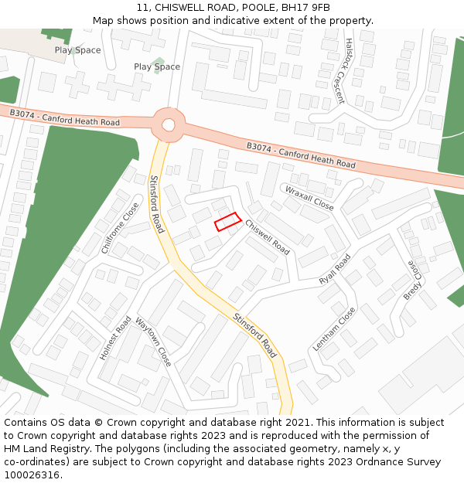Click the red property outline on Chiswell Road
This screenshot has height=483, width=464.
tap(228, 222)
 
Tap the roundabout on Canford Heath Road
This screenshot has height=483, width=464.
tap(169, 124)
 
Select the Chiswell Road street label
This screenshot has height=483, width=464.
tap(268, 237)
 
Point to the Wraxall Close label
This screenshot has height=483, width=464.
tap(309, 198)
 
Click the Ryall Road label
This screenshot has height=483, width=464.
tap(334, 270)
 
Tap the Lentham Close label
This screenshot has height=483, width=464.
tap(334, 329)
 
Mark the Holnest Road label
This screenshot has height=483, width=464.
tap(115, 338)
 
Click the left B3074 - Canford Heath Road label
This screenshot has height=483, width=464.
tap(64, 117)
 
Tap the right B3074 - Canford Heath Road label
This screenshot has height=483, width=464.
tap(301, 155)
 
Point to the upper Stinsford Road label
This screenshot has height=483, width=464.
tap(156, 204)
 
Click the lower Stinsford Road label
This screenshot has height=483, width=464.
tap(254, 335)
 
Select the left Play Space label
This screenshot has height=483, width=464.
tap(77, 50)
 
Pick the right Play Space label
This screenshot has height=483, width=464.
tap(156, 66)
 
